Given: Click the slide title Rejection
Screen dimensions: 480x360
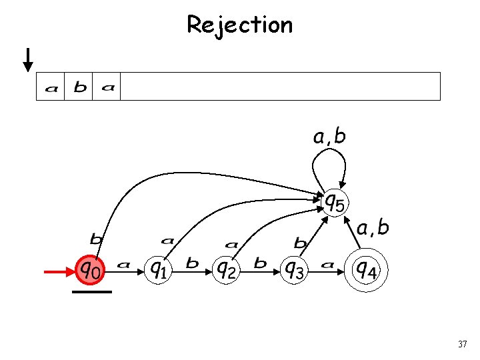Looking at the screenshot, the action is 239,25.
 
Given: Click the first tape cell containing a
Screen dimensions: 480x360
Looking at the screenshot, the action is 51,87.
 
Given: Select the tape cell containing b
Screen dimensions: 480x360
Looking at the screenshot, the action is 79,87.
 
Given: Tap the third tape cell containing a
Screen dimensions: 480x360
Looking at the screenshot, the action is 107,87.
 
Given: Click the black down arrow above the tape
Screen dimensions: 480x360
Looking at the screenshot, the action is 28,59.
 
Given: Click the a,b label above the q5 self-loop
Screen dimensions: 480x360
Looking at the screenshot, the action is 329,137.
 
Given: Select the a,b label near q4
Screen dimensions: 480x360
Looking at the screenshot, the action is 373,228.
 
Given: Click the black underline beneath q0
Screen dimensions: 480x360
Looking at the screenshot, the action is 92,291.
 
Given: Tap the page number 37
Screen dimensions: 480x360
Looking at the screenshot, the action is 463,344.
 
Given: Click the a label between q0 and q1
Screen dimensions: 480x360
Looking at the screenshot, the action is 123,265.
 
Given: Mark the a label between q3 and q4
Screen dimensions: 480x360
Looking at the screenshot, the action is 327,265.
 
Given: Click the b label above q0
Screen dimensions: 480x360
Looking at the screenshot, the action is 96,238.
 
